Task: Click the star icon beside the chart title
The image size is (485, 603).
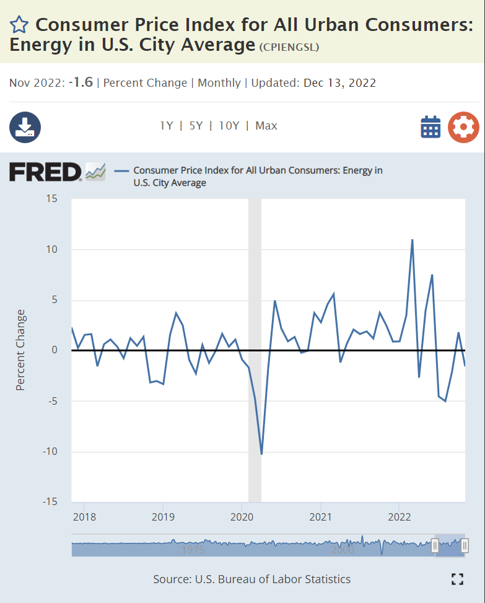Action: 19,25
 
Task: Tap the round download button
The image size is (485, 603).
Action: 25,128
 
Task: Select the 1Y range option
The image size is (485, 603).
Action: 166,126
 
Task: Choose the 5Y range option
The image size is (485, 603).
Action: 196,126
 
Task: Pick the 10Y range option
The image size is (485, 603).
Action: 229,126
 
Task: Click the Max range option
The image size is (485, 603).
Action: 266,126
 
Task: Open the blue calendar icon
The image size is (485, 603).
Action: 430,127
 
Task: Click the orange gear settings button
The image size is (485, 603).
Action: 463,127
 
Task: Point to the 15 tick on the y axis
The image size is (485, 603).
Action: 51,199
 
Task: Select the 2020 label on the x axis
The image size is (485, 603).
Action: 242,516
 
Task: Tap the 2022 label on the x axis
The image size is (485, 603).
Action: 400,516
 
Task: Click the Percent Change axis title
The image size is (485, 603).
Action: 21,350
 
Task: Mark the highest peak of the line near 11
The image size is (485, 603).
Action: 412,240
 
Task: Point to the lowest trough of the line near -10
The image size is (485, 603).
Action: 261,454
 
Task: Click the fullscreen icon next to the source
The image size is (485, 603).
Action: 458,579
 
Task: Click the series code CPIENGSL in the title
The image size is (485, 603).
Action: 289,47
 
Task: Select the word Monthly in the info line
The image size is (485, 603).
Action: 219,83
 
